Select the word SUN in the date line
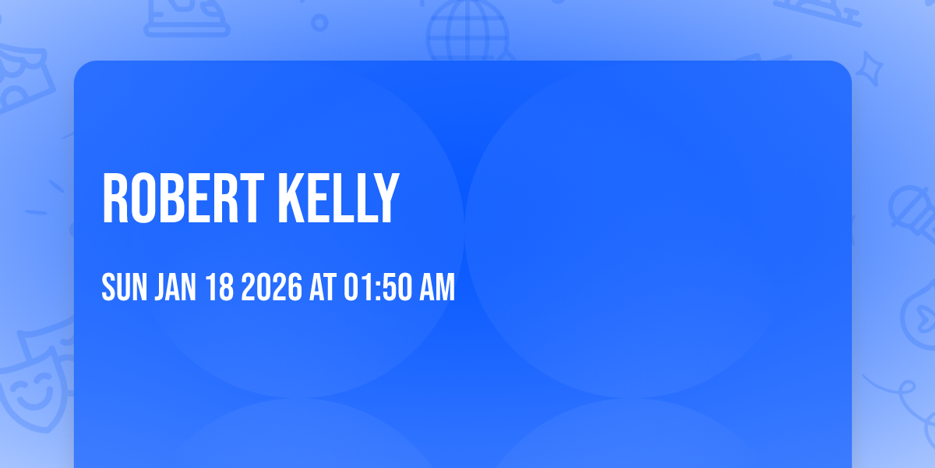pos(125,289)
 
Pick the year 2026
pos(270,289)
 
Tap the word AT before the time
pos(323,289)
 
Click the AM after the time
pos(436,289)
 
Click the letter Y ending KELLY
pos(386,200)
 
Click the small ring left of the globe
pos(319,23)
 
